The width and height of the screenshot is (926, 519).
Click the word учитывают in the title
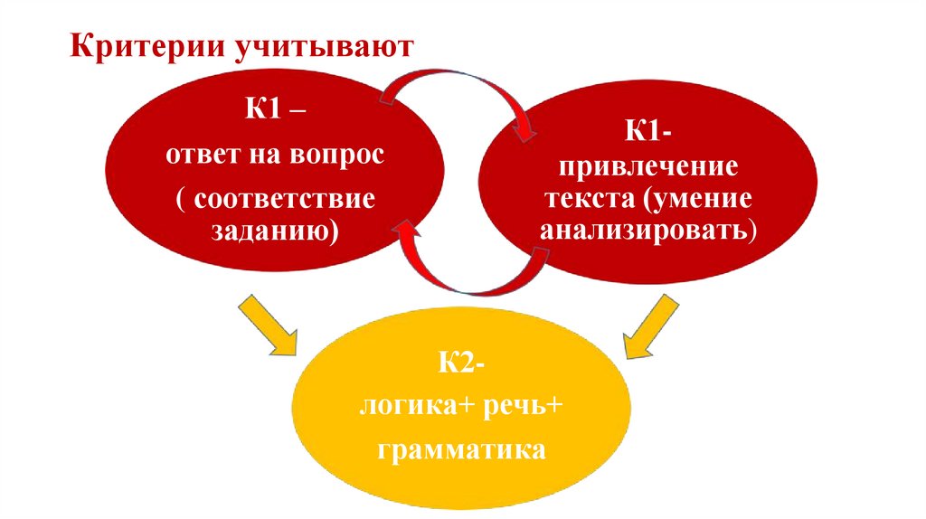coord(327,46)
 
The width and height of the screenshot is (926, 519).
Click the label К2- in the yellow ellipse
coord(460,366)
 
